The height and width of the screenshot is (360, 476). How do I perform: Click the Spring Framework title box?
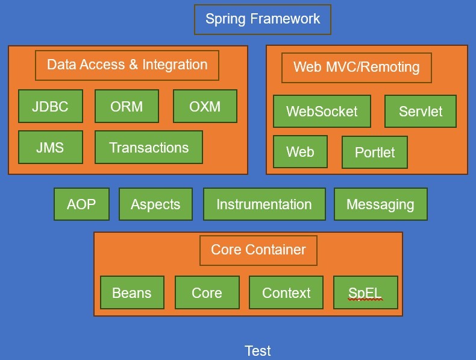262,19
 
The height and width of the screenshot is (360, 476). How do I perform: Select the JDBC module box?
51,107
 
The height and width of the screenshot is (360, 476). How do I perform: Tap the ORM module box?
127,107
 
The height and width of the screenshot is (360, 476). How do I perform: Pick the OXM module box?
205,107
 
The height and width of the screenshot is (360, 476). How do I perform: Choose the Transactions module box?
149,148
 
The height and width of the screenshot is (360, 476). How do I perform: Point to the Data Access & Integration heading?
127,65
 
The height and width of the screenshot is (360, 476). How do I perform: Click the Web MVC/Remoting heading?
357,67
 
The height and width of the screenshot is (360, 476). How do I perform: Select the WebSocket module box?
322,112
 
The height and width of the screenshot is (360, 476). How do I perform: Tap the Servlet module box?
421,112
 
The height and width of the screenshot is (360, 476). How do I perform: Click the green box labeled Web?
300,151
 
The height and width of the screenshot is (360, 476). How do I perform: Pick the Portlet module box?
375,153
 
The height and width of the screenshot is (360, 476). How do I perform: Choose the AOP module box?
81,204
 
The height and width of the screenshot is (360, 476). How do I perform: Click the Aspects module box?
155,204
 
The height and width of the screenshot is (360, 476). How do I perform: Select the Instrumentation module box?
264,204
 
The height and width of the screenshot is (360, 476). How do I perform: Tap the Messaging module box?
380,204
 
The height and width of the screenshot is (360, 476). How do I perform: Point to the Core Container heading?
258,250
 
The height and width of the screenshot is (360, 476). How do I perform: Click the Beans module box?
132,293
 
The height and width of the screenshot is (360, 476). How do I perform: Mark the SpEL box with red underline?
365,293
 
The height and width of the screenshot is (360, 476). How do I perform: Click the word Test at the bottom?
258,351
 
